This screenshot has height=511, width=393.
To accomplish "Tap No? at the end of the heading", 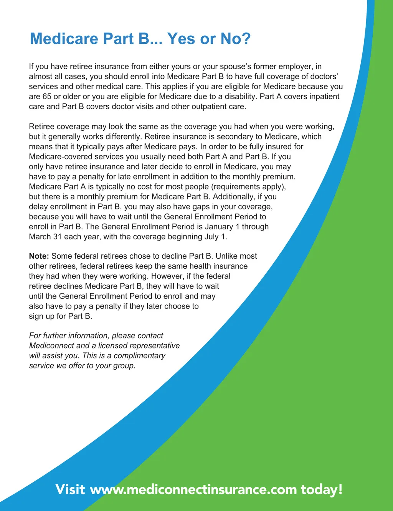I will coord(235,39).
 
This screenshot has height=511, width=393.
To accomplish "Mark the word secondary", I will coord(234,136).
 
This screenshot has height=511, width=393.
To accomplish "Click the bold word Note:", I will coord(39,256).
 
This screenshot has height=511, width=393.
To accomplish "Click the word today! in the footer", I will coord(322,489).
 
